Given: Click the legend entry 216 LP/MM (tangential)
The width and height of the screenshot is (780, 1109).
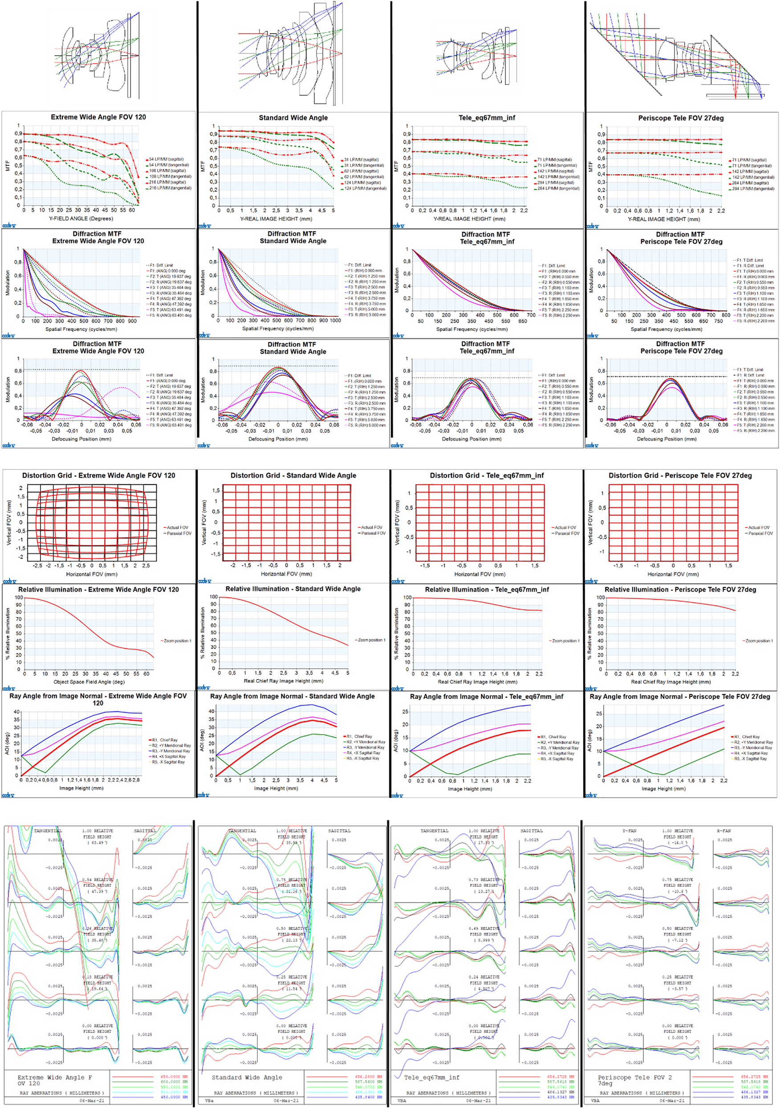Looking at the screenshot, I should (170, 188).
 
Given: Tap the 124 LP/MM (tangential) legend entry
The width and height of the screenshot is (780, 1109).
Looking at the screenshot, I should (365, 188).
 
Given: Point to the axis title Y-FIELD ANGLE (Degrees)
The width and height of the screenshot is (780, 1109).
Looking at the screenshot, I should (81, 218).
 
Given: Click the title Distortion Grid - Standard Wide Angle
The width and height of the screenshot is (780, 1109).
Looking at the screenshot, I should (293, 475).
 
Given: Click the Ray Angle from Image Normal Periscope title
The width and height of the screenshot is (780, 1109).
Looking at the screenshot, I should (679, 696).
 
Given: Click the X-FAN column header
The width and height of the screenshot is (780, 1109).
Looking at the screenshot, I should (724, 830).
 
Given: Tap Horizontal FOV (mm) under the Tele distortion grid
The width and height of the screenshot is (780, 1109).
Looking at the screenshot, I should (479, 574).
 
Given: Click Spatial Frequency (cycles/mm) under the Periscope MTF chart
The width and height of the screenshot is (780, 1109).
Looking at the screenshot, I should (666, 329).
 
